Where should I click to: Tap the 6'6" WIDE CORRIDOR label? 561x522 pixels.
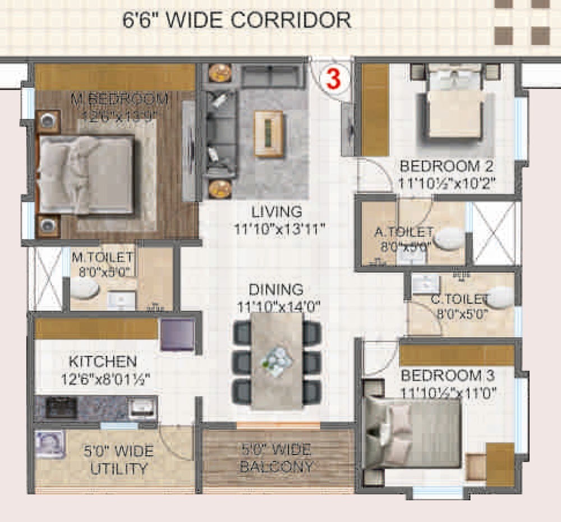(237, 20)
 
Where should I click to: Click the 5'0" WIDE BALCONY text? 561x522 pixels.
(277, 457)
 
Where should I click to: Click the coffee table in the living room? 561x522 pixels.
(269, 134)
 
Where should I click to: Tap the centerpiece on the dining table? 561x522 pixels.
(275, 359)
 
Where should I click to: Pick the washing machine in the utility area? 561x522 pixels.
(50, 445)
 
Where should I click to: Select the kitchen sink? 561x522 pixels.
(142, 408)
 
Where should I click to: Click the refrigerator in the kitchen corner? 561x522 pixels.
(177, 335)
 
